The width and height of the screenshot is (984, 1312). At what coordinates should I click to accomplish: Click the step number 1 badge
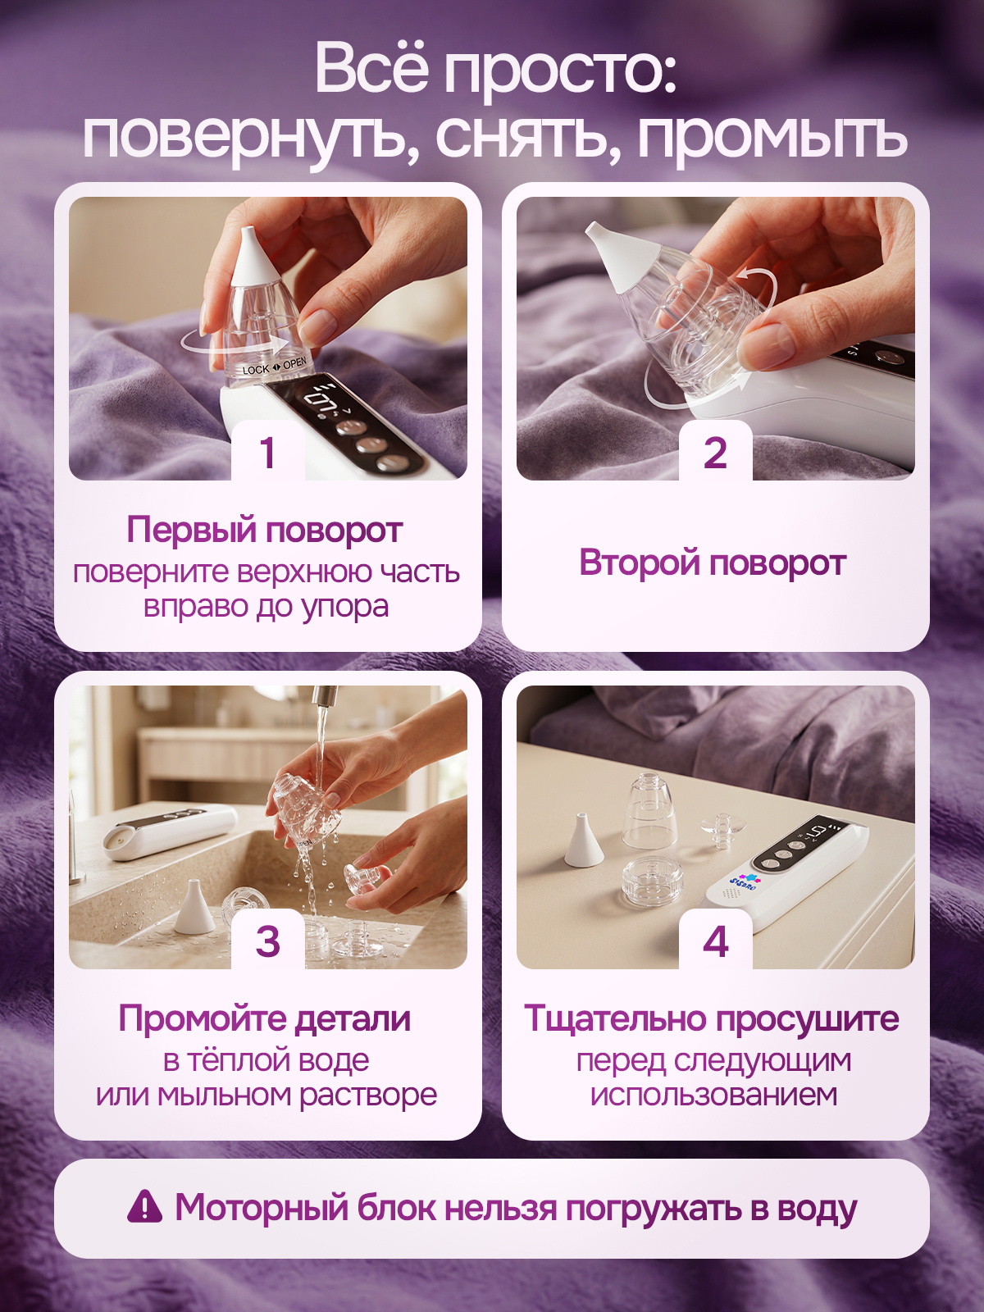(267, 452)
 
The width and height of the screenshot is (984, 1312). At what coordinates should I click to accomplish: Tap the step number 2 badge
(715, 452)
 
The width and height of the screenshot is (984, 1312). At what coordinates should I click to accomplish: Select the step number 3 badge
(267, 941)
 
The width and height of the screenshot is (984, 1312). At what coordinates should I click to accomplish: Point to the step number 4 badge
(715, 941)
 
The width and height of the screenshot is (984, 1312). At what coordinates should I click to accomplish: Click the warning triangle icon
(144, 1205)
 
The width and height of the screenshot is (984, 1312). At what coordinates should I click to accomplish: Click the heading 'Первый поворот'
(265, 530)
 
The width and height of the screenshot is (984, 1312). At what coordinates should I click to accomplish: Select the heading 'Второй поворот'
(712, 563)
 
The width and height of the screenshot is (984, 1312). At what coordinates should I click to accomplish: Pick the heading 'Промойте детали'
(265, 1018)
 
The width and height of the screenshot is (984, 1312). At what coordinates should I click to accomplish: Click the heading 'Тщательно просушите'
(712, 1018)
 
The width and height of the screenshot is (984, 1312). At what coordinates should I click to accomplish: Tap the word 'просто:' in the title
(561, 70)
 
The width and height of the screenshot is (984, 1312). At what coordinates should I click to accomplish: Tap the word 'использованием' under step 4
(713, 1095)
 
